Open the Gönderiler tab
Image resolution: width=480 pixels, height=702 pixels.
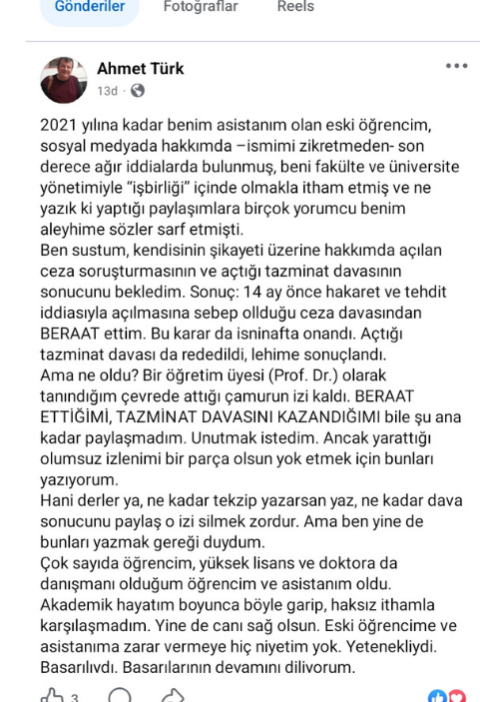tap(90, 7)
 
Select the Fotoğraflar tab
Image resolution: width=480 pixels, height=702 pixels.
tap(201, 7)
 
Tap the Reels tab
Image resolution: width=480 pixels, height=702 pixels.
tap(296, 7)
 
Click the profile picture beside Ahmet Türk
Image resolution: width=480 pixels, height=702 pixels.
tap(64, 80)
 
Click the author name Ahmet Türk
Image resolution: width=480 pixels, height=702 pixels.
tap(141, 69)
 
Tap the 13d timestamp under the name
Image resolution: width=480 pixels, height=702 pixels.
tap(107, 91)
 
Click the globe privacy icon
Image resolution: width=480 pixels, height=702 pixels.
tap(137, 91)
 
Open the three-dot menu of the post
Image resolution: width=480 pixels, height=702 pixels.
tap(456, 66)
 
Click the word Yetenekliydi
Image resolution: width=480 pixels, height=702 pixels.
tap(409, 650)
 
